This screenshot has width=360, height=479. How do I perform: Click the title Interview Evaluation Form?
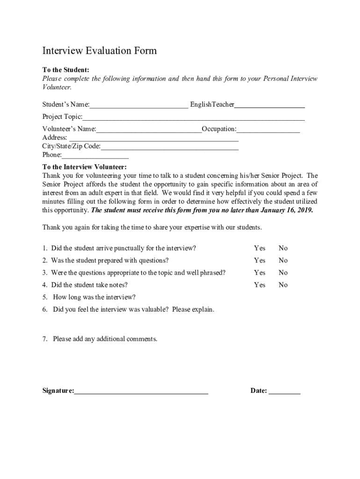[x=100, y=51]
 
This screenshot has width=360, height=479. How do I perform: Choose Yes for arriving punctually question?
[x=259, y=248]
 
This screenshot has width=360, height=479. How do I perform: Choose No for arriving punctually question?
[x=283, y=248]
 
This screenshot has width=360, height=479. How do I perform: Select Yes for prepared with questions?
[x=259, y=261]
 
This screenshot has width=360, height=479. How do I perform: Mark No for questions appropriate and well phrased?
[x=283, y=273]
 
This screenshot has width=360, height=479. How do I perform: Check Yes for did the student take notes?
[x=259, y=285]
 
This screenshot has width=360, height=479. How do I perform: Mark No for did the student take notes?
[x=283, y=285]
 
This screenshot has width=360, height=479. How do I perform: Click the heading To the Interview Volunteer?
[x=84, y=167]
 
